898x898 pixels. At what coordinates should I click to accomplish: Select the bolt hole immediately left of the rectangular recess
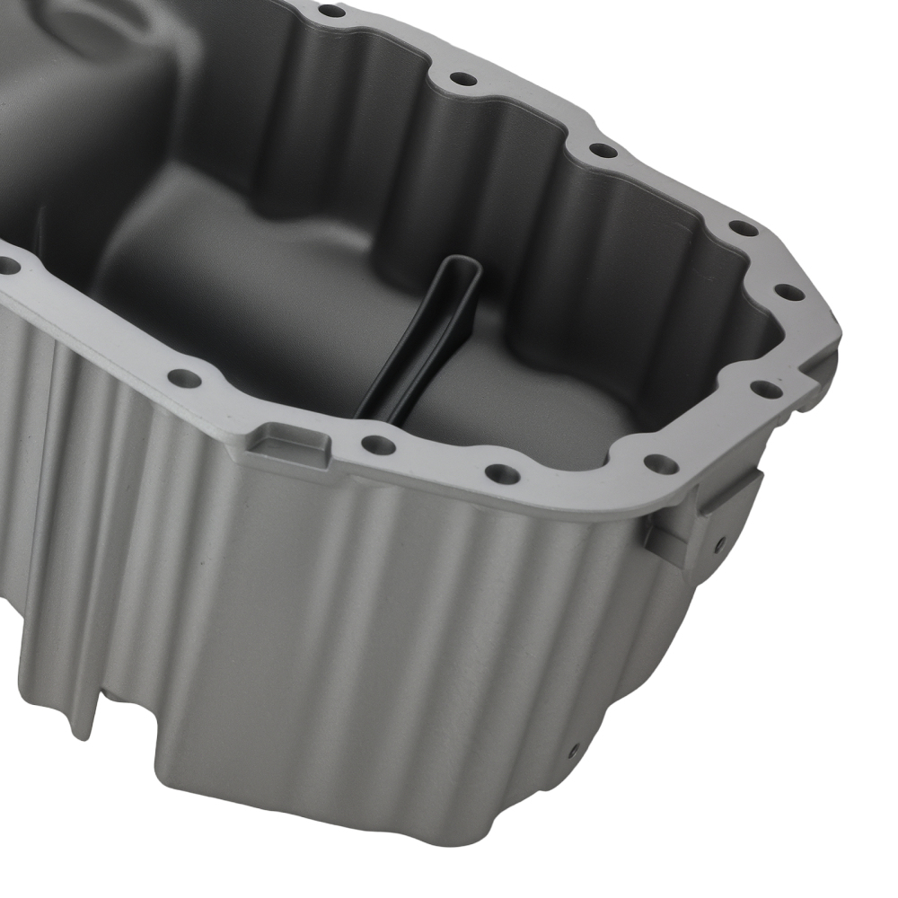point(184,378)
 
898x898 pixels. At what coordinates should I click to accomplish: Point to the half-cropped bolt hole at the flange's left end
point(7,266)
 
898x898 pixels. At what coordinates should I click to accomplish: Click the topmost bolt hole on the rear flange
point(331,11)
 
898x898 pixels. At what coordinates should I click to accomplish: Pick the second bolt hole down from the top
point(462,79)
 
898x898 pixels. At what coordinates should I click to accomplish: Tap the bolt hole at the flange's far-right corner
point(788,293)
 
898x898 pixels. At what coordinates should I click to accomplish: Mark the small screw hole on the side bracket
point(719,542)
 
